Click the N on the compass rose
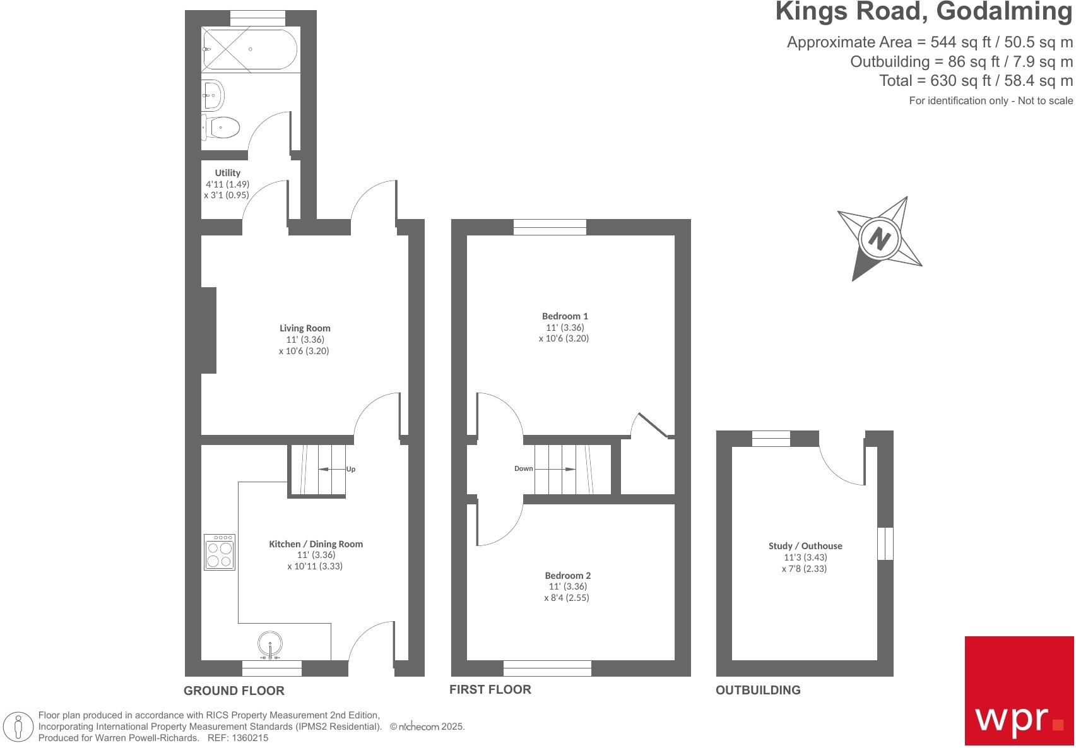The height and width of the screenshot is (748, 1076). [879, 239]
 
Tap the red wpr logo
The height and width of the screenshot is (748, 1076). [1019, 690]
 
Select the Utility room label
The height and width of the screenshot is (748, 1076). [228, 173]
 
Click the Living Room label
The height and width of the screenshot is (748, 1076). [305, 328]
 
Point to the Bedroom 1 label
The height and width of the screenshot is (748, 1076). [565, 316]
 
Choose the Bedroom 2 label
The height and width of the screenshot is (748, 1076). [567, 576]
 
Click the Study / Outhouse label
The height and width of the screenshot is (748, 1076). [805, 546]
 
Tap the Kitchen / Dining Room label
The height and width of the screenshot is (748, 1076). [316, 544]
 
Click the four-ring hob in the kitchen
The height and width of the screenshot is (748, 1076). [220, 553]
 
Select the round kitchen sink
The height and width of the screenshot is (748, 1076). [271, 644]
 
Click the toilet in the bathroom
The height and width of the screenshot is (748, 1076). [221, 128]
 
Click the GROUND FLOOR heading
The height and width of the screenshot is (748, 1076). [234, 691]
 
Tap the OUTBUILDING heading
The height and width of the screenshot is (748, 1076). [757, 690]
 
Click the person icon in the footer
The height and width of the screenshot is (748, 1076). [19, 726]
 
